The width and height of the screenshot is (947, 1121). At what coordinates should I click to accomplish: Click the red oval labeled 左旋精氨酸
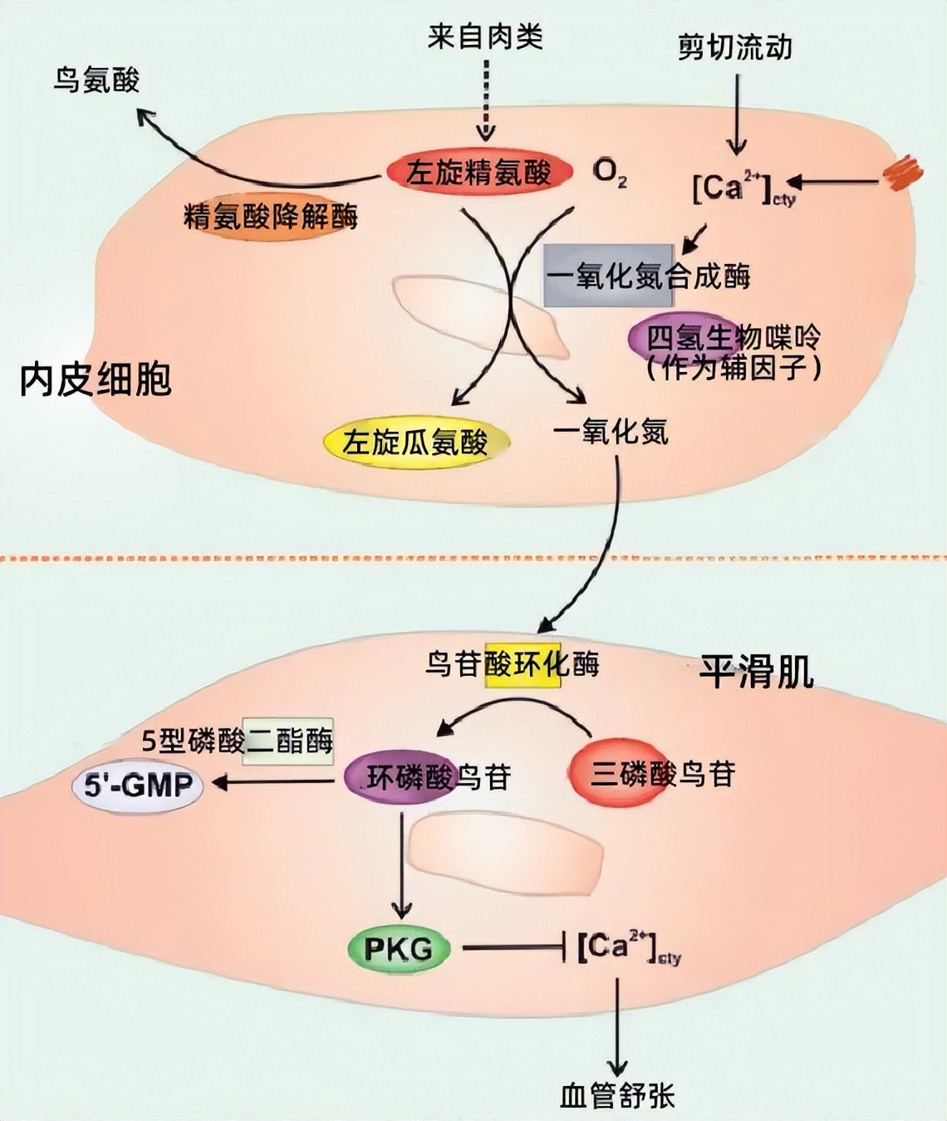click(x=479, y=173)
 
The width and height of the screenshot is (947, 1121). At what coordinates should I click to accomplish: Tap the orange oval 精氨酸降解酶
click(x=271, y=218)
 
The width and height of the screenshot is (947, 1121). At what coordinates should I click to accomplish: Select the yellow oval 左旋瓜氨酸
click(x=415, y=442)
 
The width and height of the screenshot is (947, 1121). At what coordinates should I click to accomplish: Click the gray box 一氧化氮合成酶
click(x=609, y=276)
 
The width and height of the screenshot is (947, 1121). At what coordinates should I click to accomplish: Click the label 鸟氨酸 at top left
click(x=96, y=81)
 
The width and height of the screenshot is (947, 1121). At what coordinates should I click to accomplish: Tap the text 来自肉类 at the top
click(x=485, y=37)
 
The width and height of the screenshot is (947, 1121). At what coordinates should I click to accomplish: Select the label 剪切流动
click(x=734, y=47)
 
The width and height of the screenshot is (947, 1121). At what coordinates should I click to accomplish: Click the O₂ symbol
click(x=609, y=174)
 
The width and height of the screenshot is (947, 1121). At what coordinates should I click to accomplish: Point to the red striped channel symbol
click(x=901, y=174)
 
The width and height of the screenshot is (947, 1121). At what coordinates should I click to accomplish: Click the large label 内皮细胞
click(x=96, y=379)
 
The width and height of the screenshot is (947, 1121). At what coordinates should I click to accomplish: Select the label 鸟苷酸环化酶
click(x=513, y=664)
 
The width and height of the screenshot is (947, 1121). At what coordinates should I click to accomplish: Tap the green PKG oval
click(x=398, y=947)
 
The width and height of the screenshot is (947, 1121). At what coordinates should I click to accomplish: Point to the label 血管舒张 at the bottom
click(x=617, y=1096)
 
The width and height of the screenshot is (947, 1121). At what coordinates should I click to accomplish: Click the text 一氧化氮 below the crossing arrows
click(x=611, y=432)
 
